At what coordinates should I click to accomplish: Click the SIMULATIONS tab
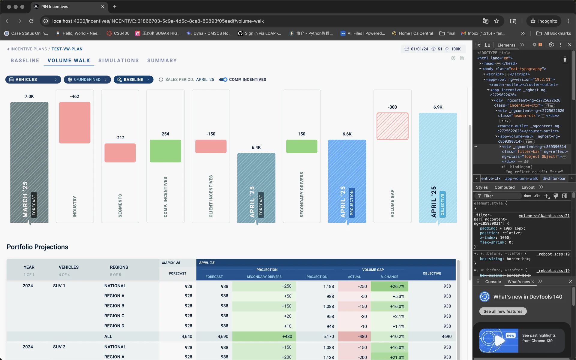[x=118, y=60]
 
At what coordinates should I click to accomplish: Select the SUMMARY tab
[x=162, y=60]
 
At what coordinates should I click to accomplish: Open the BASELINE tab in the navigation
[x=25, y=60]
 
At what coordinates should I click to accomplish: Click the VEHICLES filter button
[x=33, y=80]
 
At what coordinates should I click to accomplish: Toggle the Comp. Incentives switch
[x=223, y=80]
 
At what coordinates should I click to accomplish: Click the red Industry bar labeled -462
[x=75, y=123]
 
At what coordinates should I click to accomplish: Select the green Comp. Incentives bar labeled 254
[x=165, y=151]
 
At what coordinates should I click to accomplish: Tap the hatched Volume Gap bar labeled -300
[x=392, y=126]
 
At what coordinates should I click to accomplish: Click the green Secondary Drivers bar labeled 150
[x=301, y=146]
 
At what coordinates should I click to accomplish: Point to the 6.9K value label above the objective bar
[x=438, y=107]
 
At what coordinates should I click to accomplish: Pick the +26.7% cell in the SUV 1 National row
[x=389, y=286]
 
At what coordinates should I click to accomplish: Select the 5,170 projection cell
[x=328, y=337]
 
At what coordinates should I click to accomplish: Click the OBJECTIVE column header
[x=432, y=273]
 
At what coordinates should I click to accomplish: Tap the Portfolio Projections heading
[x=37, y=247]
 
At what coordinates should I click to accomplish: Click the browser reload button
[x=31, y=21]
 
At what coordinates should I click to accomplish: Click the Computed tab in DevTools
[x=504, y=187]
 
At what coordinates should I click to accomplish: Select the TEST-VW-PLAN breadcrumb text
[x=67, y=49]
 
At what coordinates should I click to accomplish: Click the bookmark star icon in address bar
[x=496, y=21]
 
